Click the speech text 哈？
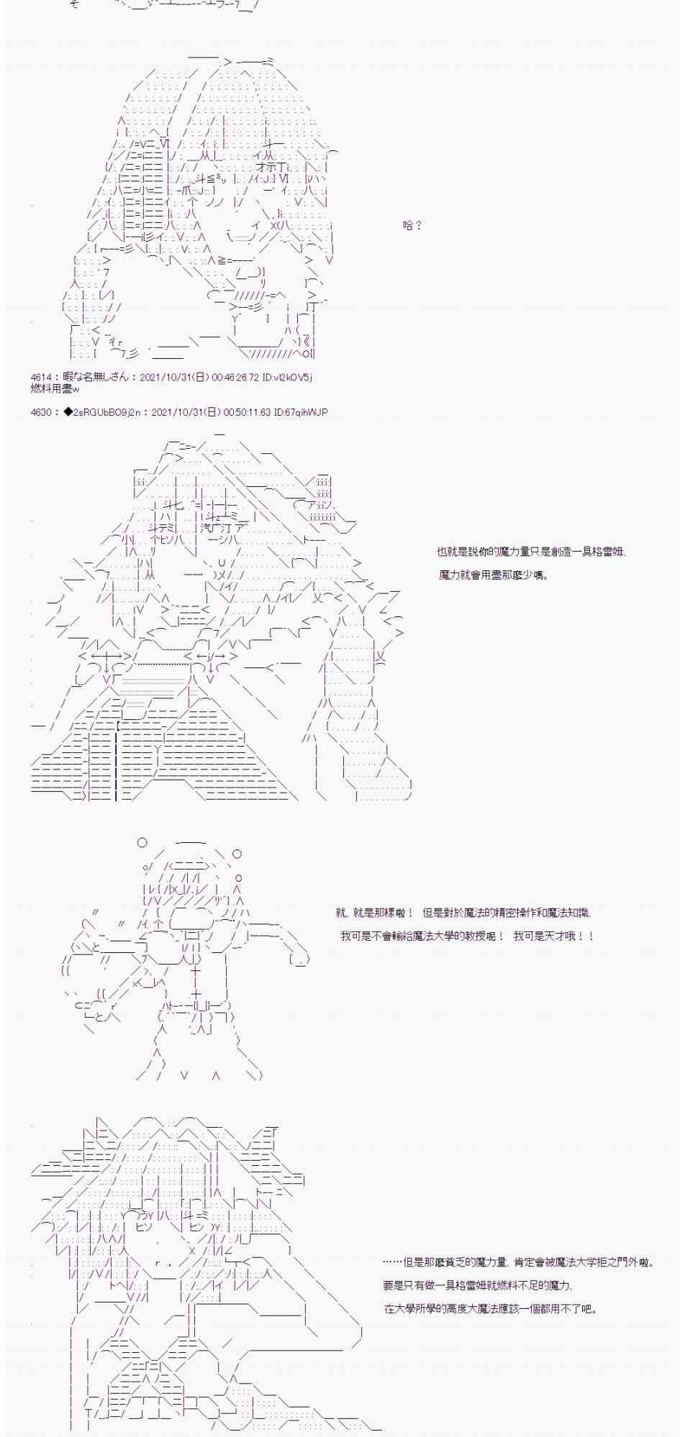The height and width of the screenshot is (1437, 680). tap(412, 225)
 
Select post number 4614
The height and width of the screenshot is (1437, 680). tap(41, 377)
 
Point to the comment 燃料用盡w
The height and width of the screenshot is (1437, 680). tap(55, 388)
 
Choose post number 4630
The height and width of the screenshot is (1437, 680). tap(41, 412)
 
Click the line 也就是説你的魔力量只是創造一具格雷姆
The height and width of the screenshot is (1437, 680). tap(531, 552)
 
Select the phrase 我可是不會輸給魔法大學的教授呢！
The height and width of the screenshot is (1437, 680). tap(423, 936)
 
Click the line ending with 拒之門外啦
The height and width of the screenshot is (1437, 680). tap(518, 1262)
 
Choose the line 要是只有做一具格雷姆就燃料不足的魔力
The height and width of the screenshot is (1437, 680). tap(478, 1285)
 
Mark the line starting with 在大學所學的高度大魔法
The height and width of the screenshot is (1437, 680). tap(489, 1308)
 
